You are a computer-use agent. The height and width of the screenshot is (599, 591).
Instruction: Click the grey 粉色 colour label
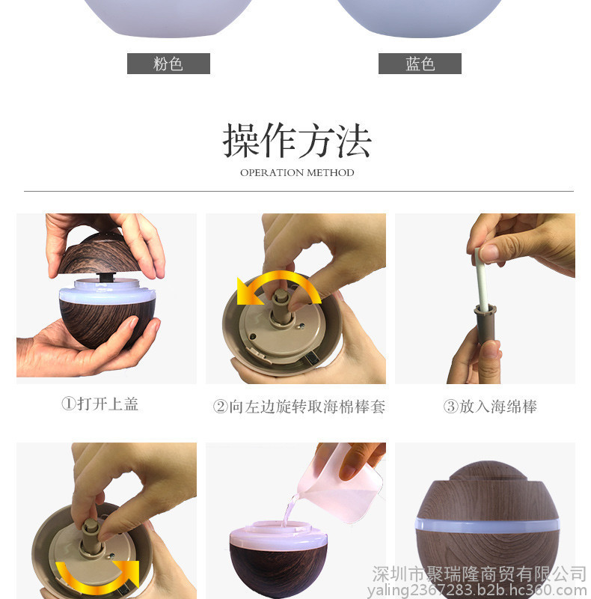[x=168, y=64]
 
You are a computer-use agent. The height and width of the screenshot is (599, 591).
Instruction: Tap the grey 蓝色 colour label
[x=420, y=64]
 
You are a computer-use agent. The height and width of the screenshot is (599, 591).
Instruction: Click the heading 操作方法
[x=297, y=140]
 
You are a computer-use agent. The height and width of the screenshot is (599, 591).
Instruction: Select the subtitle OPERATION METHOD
[x=297, y=173]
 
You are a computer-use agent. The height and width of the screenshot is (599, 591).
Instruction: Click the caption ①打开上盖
[x=100, y=404]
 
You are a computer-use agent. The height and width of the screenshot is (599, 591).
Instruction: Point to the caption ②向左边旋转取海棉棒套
[x=299, y=407]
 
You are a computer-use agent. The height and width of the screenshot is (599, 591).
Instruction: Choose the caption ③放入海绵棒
[x=490, y=407]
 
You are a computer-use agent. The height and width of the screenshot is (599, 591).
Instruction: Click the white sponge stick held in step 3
[x=482, y=279]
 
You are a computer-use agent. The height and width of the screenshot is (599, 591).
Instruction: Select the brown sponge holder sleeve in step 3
[x=486, y=324]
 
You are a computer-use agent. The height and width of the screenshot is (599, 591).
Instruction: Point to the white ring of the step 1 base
[x=107, y=291]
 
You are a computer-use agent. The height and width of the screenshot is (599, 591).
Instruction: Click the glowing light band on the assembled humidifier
[x=487, y=525]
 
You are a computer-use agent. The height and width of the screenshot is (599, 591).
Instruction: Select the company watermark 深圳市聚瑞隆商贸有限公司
[x=479, y=574]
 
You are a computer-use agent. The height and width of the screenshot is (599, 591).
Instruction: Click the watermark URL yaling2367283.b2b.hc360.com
[x=477, y=590]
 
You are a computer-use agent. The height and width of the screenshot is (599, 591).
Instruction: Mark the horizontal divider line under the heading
[x=298, y=191]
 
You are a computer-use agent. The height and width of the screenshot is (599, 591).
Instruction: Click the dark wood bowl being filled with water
[x=278, y=565]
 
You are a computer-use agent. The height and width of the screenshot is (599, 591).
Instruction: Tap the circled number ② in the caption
[x=220, y=407]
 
